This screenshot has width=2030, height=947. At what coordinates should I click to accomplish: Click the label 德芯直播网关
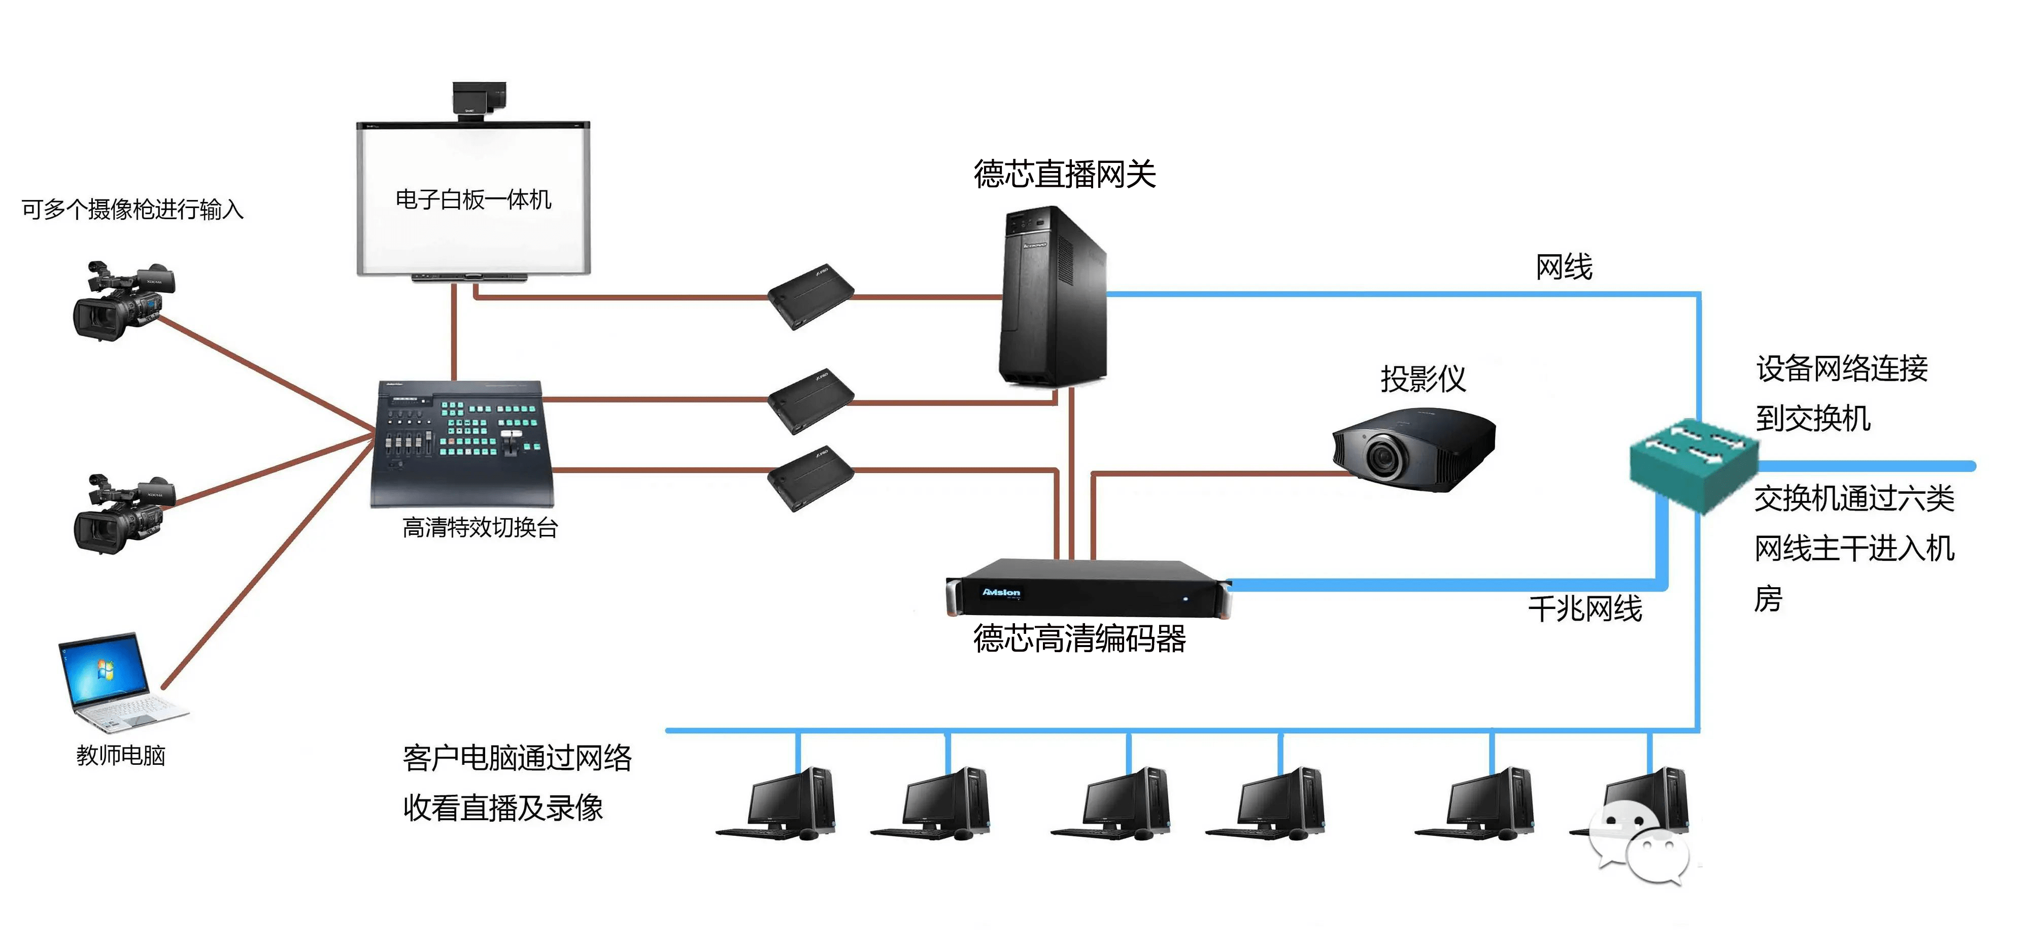1064,174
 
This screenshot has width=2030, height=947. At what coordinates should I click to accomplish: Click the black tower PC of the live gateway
1052,299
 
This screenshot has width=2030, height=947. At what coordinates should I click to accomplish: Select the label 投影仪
1423,379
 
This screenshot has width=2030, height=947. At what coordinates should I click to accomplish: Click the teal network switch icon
1692,463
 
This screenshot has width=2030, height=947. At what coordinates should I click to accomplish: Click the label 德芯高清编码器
1079,638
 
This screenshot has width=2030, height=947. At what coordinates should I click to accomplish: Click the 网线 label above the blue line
1564,267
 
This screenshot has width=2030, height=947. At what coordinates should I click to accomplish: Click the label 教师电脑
121,755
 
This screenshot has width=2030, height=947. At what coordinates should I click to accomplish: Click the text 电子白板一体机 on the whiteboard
473,199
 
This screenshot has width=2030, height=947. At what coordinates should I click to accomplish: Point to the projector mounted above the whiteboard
479,100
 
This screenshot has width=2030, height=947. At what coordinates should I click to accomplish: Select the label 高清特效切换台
480,527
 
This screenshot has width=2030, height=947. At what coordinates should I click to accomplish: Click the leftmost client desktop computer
780,803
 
